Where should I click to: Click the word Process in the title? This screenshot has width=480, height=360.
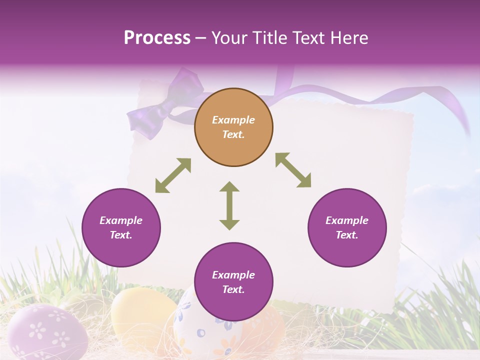point(157,38)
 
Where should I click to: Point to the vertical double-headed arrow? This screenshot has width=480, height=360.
point(229,205)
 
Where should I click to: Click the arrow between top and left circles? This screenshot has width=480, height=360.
point(173,175)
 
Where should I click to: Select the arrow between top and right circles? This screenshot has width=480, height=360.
point(293,170)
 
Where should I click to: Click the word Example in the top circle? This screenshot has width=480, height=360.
point(233,120)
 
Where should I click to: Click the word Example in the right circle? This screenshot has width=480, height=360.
point(347,220)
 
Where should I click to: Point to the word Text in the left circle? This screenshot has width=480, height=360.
point(120,235)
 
